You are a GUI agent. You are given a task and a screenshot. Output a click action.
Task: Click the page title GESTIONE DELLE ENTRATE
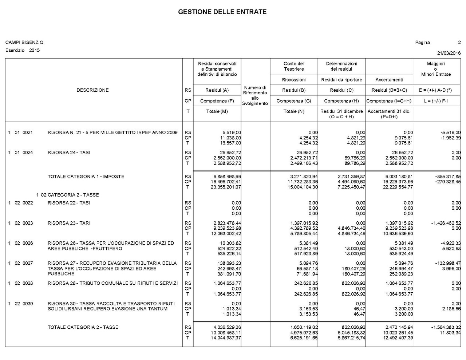click(222, 12)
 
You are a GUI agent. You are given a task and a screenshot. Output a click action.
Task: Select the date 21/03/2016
click(449, 53)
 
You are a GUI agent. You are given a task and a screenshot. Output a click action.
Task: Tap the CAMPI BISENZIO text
click(24, 43)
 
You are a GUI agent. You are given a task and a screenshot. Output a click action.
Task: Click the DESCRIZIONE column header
click(92, 90)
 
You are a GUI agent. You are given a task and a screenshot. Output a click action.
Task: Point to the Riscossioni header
click(294, 80)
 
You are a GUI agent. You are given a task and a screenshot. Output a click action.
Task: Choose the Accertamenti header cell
click(389, 80)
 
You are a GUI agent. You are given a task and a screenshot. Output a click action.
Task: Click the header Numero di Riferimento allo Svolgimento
click(255, 95)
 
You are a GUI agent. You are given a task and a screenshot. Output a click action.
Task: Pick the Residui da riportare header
click(341, 80)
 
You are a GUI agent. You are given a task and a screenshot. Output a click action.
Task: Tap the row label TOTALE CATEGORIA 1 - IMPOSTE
click(86, 177)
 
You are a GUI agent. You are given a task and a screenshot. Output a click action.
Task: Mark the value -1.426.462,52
click(446, 223)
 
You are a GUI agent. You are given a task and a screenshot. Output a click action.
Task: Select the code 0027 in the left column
click(28, 263)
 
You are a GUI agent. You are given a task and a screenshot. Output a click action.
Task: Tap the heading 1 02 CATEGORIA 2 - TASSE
click(67, 195)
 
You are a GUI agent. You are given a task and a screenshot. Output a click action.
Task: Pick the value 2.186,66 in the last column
click(451, 309)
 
